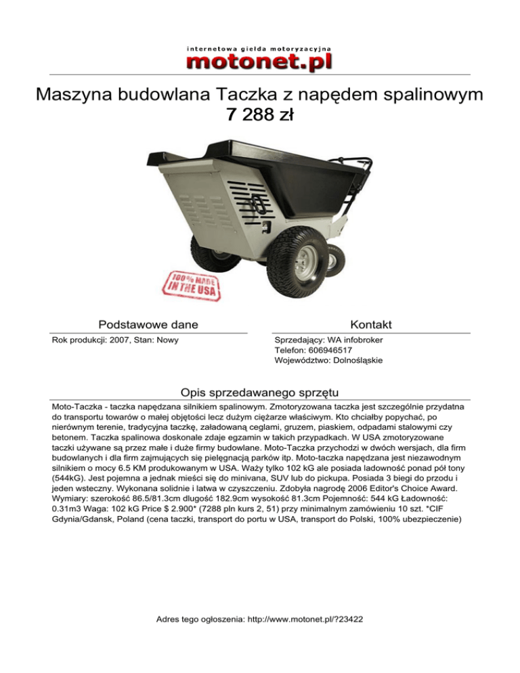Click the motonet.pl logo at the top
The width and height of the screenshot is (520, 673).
(259, 62)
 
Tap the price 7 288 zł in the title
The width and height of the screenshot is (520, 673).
(259, 116)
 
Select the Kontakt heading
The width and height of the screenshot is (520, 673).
(372, 325)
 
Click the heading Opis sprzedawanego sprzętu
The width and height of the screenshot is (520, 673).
(260, 393)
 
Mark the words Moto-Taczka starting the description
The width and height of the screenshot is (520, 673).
(79, 408)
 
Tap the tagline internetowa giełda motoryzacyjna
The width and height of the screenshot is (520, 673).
(259, 49)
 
